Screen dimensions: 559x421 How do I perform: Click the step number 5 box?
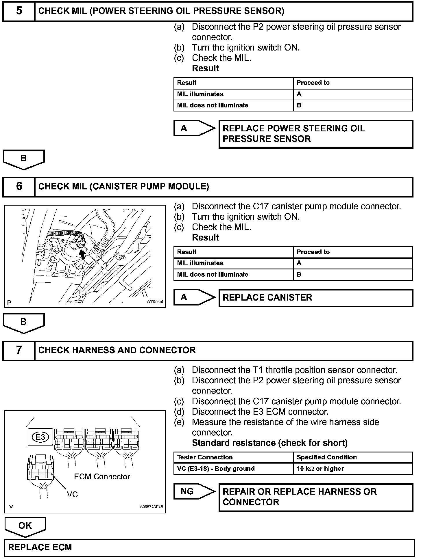tap(19, 11)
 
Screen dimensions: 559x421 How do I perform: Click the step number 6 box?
tap(19, 187)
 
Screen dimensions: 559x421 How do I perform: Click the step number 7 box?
tap(19, 350)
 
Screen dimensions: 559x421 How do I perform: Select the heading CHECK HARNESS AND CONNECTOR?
tap(117, 350)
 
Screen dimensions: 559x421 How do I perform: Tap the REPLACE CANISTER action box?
tap(316, 298)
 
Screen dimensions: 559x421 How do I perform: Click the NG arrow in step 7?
tap(194, 491)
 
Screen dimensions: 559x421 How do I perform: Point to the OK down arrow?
tap(25, 526)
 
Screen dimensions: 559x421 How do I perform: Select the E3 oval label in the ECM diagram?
tap(40, 437)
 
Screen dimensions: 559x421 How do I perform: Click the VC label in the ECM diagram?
tap(72, 495)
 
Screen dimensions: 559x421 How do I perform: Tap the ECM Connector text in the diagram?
tap(102, 477)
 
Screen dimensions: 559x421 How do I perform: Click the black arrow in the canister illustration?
tap(83, 254)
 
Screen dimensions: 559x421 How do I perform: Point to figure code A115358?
tap(155, 301)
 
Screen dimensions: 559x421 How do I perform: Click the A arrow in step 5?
tap(194, 128)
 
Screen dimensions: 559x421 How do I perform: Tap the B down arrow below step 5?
tap(24, 159)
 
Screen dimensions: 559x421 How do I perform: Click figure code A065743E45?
tap(151, 507)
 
